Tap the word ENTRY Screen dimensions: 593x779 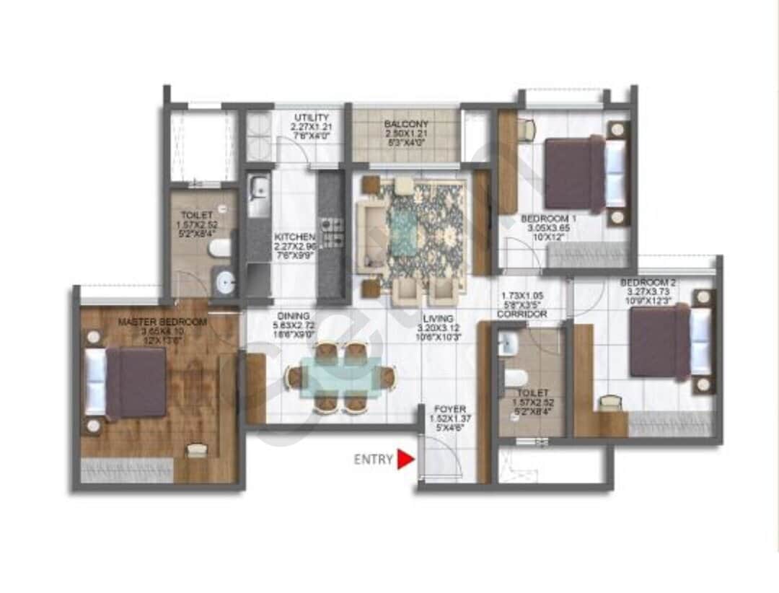pos(373,460)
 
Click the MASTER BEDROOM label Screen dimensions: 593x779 pos(162,321)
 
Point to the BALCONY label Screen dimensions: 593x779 pos(405,124)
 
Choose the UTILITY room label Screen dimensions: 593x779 pos(312,118)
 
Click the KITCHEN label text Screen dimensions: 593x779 pos(294,237)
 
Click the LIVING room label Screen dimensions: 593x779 pos(439,318)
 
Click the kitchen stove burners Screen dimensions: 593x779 pos(332,231)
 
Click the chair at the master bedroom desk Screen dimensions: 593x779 pos(196,451)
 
